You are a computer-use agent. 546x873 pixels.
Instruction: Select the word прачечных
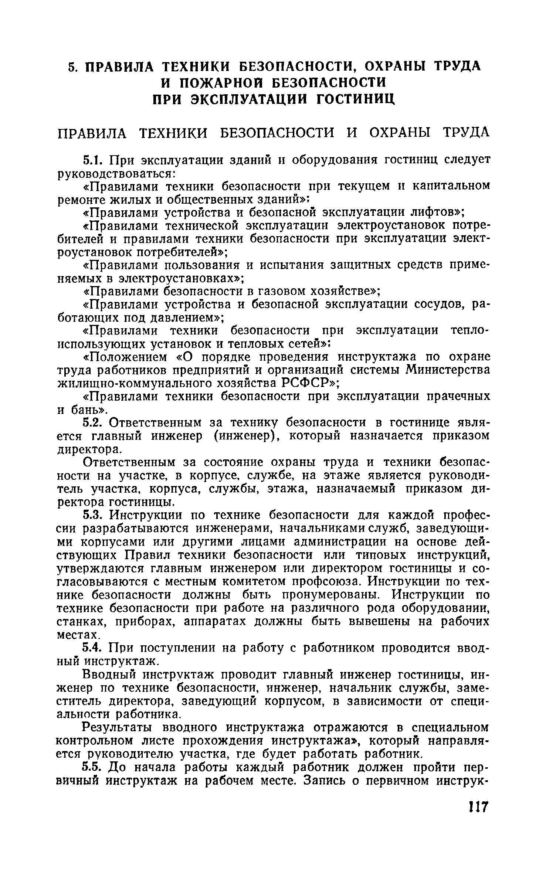[x=459, y=396]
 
